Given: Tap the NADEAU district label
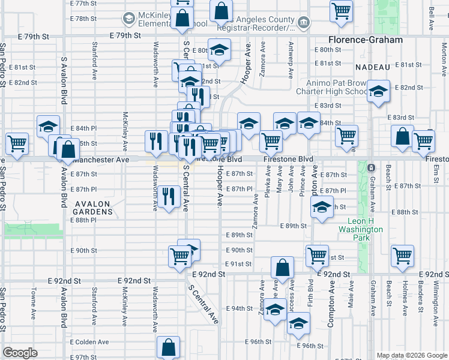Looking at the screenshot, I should point(372,67).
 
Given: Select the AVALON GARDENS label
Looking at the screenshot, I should point(93,211).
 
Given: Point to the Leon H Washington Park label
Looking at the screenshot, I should point(360,229).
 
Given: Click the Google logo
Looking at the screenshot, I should point(20,353).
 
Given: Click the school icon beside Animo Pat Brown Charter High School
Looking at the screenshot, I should point(379,92).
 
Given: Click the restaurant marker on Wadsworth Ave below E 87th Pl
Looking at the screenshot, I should point(170,196).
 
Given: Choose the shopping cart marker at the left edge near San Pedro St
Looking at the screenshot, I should point(17,143).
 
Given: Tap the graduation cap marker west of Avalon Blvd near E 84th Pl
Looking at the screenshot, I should point(48,126).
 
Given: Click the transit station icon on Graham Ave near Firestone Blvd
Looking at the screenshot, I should point(372,167).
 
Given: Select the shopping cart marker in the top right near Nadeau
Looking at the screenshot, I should point(341,10).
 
